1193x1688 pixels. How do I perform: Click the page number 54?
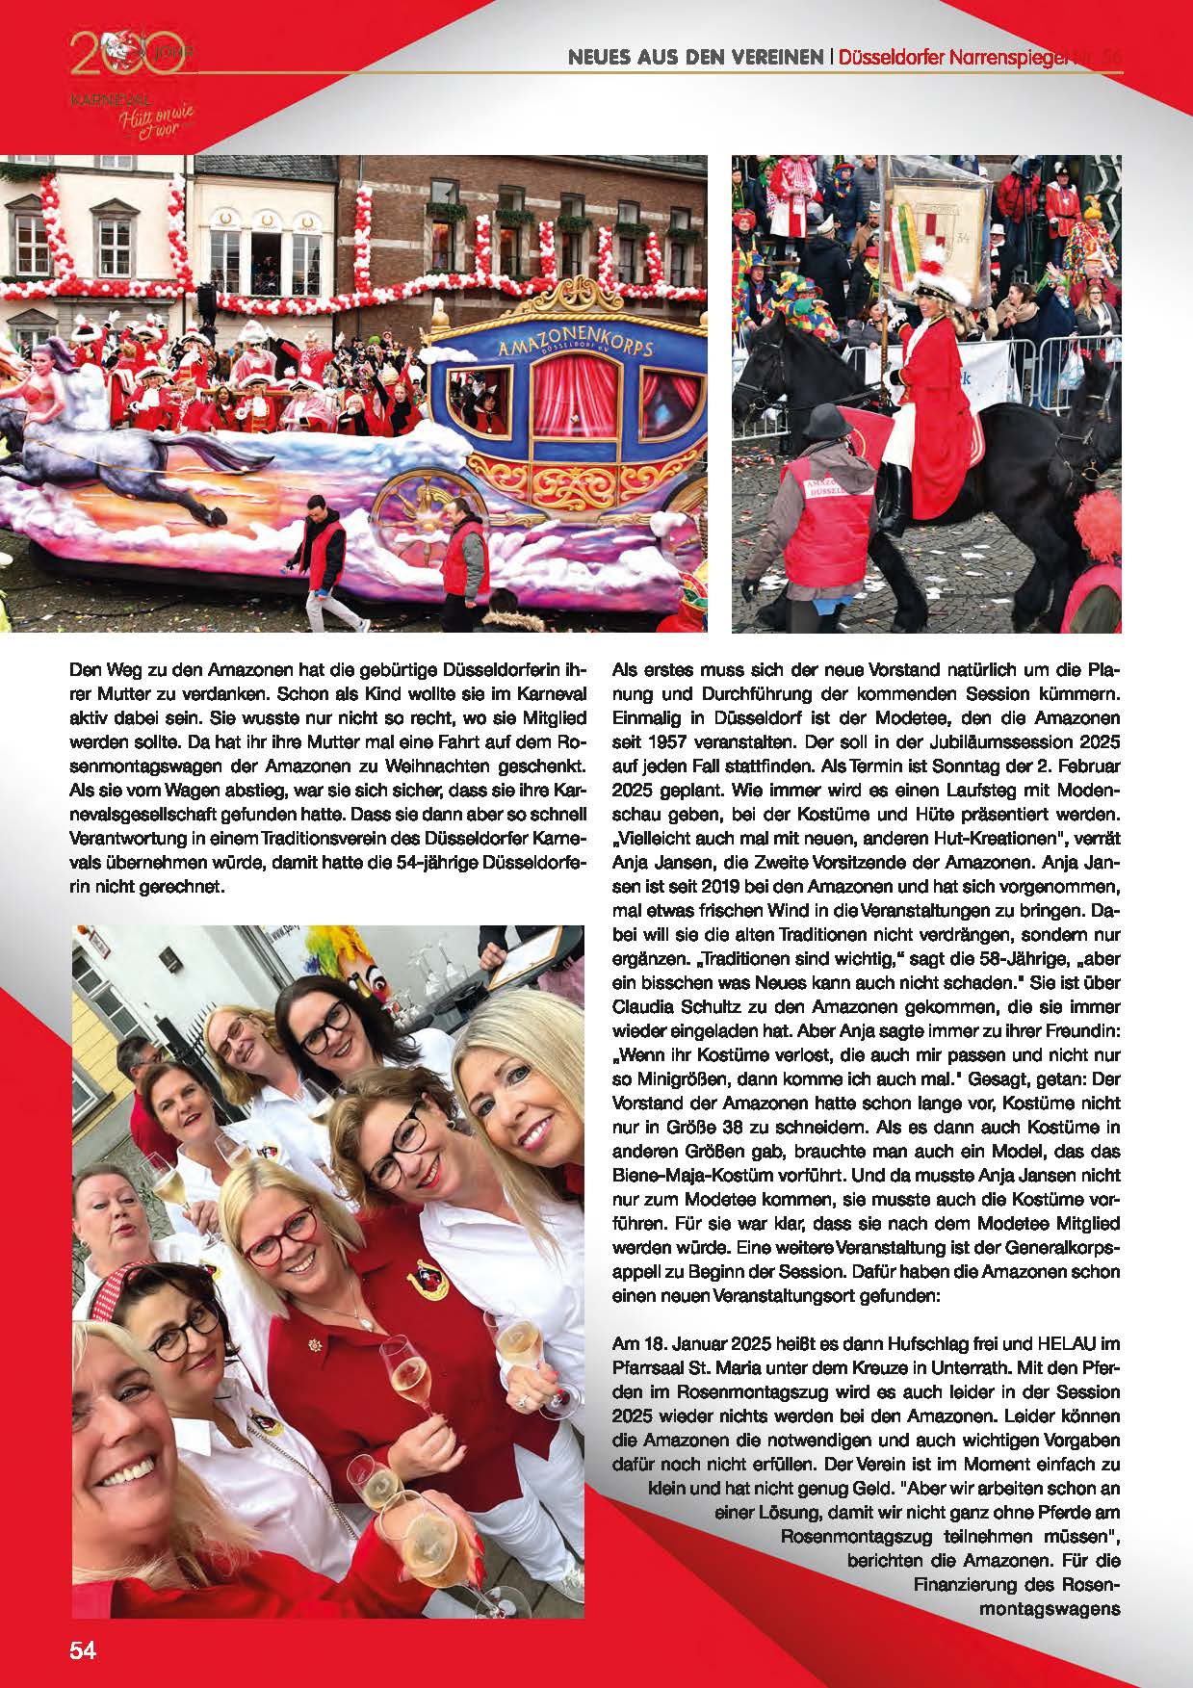(x=83, y=1650)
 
